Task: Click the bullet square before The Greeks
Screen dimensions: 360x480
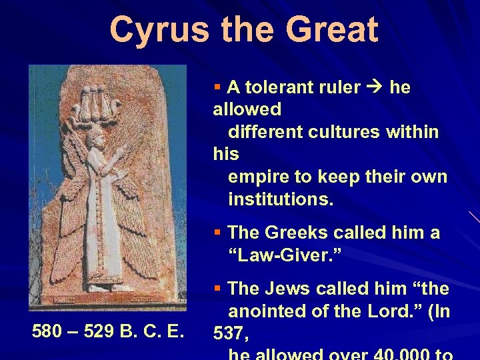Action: [217, 233]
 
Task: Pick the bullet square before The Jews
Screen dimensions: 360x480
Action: [217, 289]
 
